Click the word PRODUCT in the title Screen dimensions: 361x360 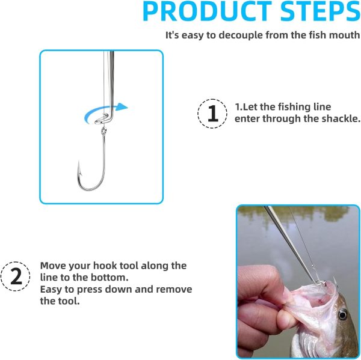pyautogui.click(x=207, y=11)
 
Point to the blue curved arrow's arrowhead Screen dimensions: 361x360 pyautogui.click(x=122, y=107)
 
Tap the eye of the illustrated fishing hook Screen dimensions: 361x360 pyautogui.click(x=103, y=131)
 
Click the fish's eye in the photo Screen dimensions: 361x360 pyautogui.click(x=342, y=314)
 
